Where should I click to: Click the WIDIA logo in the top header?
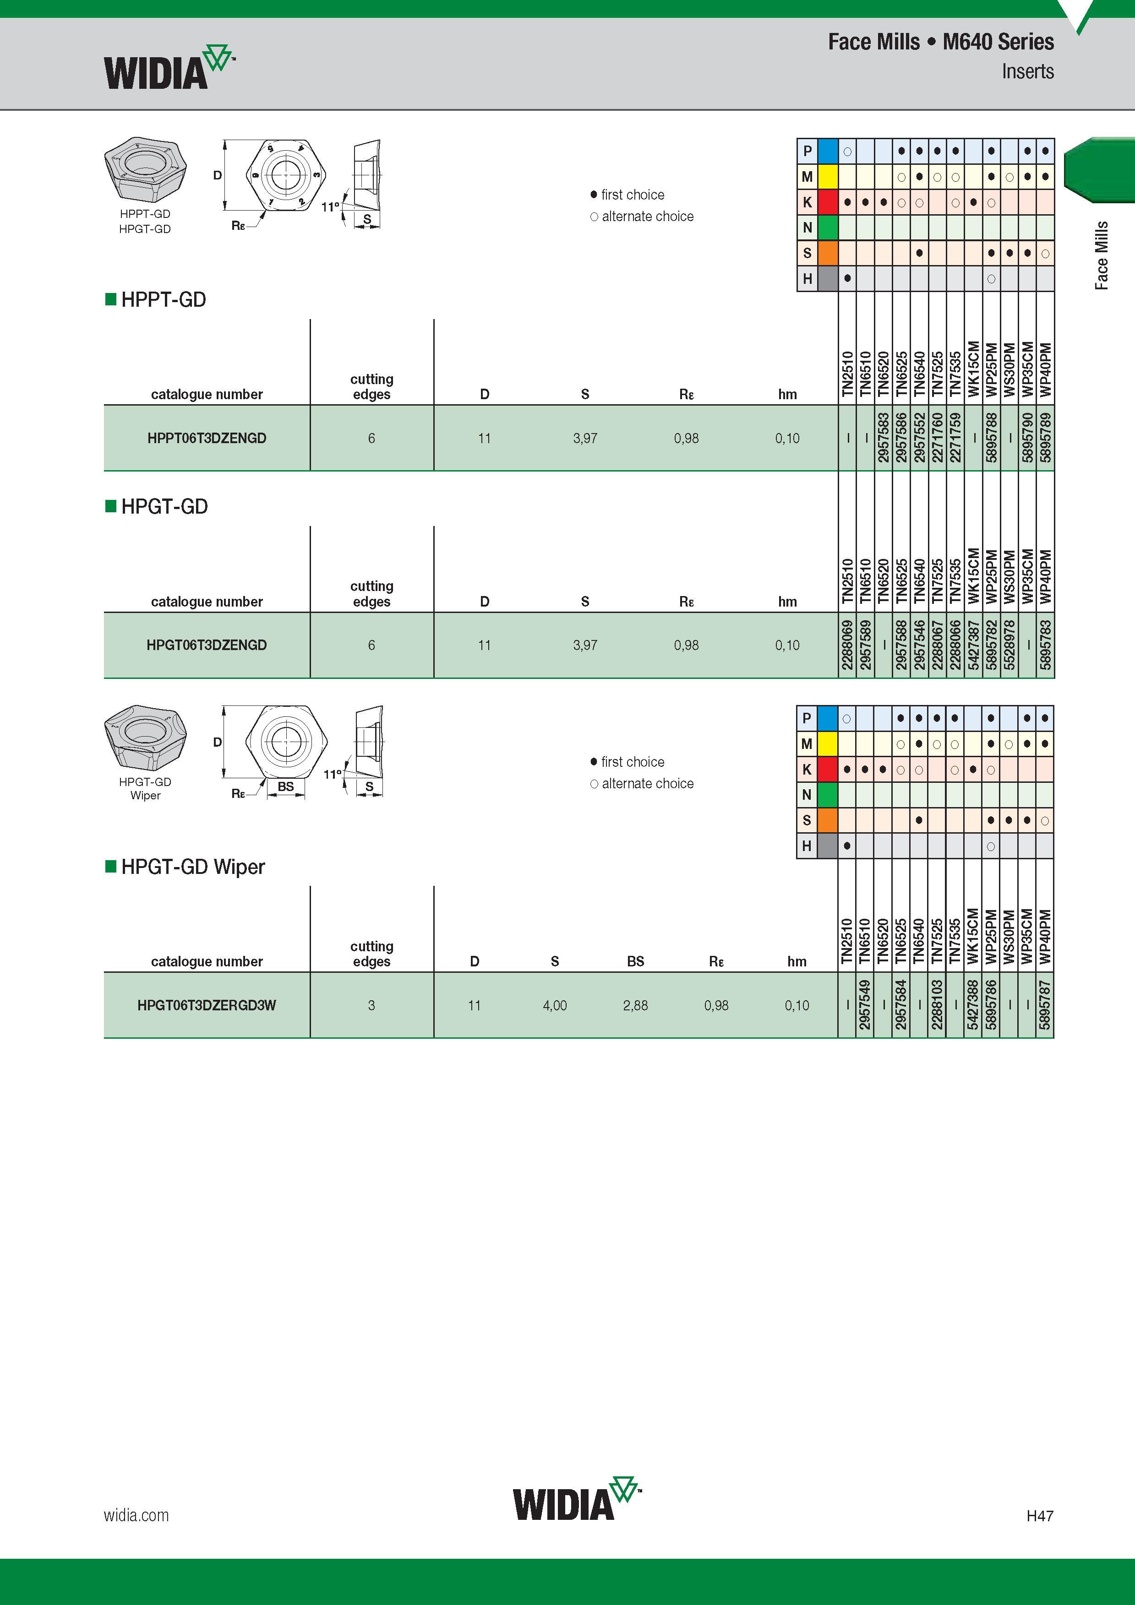pyautogui.click(x=169, y=68)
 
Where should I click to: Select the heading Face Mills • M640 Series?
pyautogui.click(x=941, y=42)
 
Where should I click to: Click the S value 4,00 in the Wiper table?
pyautogui.click(x=555, y=1005)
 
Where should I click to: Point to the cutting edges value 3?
pyautogui.click(x=371, y=1005)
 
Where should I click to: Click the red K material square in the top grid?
pyautogui.click(x=827, y=202)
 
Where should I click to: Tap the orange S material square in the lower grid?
pyautogui.click(x=827, y=820)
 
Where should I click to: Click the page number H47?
pyautogui.click(x=1040, y=1516)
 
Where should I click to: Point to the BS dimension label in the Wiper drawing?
pyautogui.click(x=285, y=786)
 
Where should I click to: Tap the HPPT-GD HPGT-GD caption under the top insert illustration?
pyautogui.click(x=145, y=221)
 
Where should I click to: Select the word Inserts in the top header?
pyautogui.click(x=1027, y=71)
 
